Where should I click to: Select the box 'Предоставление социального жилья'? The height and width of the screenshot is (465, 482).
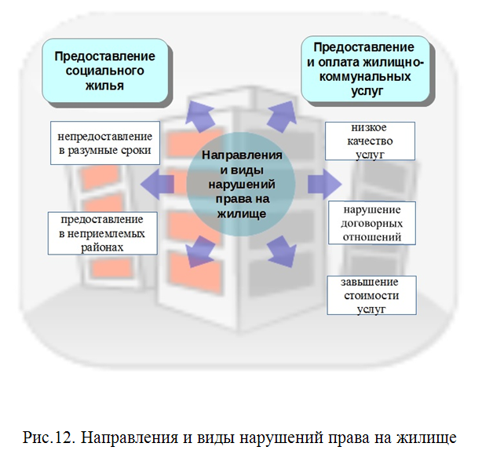[106, 71]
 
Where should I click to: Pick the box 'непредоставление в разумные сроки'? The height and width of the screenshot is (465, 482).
[104, 142]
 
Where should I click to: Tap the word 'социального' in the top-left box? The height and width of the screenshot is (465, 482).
[106, 71]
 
